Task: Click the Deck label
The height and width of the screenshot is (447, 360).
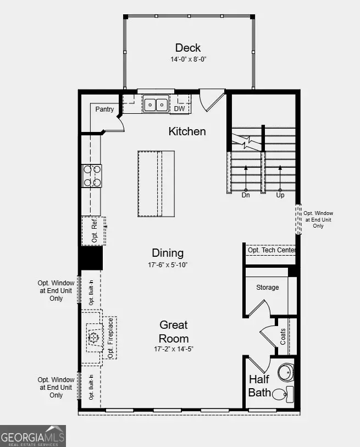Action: click(x=189, y=48)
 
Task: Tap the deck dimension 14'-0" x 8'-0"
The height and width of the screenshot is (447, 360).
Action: click(x=189, y=59)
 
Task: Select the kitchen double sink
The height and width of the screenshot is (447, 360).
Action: click(x=156, y=104)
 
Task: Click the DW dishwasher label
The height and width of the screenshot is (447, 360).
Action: click(x=180, y=109)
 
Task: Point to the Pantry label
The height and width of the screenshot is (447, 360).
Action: click(x=104, y=109)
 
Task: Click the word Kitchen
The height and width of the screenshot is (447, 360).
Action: click(x=187, y=131)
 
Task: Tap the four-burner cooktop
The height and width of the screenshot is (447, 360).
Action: click(x=92, y=176)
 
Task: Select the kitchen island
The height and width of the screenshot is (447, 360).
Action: click(x=156, y=184)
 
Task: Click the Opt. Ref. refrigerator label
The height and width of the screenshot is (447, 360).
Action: click(x=94, y=231)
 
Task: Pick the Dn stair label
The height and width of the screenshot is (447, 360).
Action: click(x=246, y=195)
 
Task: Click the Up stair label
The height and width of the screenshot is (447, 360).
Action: click(x=280, y=195)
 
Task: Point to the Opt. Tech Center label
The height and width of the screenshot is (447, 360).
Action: click(x=272, y=250)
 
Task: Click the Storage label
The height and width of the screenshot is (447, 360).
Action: click(x=268, y=287)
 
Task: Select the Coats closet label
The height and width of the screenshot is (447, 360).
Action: click(x=283, y=336)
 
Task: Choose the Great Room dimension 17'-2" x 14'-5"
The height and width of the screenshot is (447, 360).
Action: click(x=174, y=349)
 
